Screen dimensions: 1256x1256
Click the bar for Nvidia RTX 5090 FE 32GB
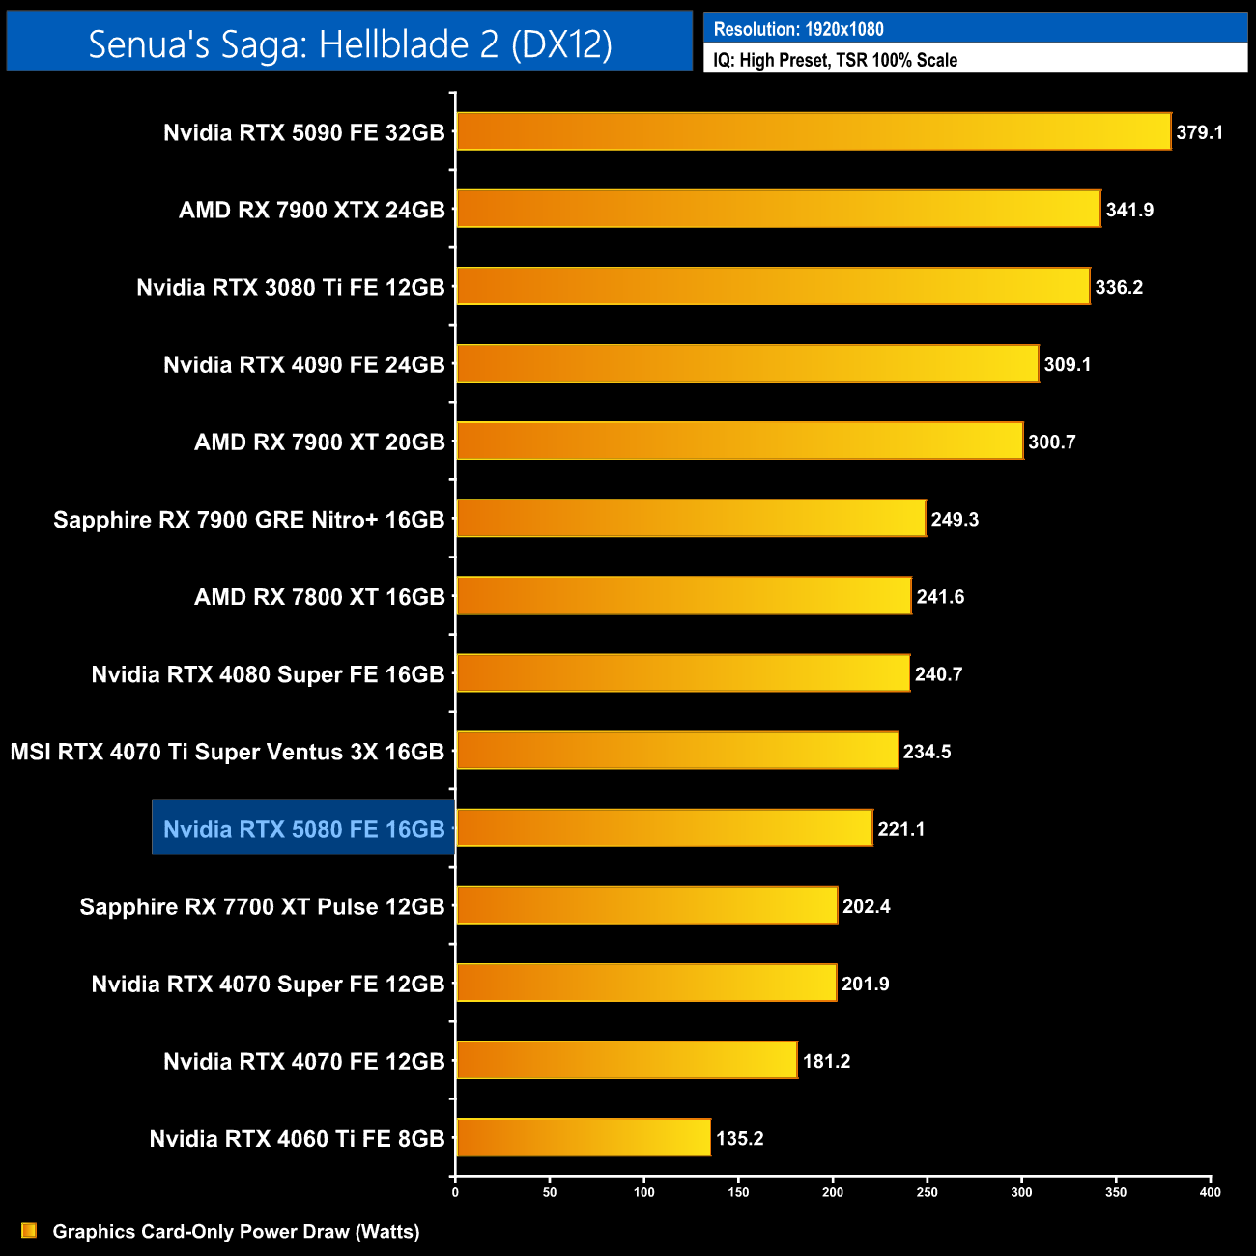pyautogui.click(x=813, y=131)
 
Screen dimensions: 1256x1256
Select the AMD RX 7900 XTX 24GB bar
pyautogui.click(x=778, y=209)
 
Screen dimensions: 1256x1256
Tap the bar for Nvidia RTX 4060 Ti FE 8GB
pyautogui.click(x=583, y=1137)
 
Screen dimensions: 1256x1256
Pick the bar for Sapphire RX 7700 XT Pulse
pyautogui.click(x=646, y=905)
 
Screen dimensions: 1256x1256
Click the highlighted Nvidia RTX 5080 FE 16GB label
pyautogui.click(x=303, y=829)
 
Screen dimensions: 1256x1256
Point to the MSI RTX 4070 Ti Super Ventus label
pyautogui.click(x=227, y=752)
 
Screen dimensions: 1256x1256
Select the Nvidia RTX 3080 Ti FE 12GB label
pyautogui.click(x=290, y=287)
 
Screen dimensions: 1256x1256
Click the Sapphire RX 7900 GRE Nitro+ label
pyautogui.click(x=248, y=520)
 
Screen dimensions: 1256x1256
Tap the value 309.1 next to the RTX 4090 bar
pyautogui.click(x=1068, y=364)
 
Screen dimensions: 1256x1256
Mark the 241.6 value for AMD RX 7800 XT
pyautogui.click(x=940, y=597)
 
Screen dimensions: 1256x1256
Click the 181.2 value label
pyautogui.click(x=826, y=1061)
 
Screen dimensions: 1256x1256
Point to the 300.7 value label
pyautogui.click(x=1051, y=442)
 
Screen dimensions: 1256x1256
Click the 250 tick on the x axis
pyautogui.click(x=927, y=1192)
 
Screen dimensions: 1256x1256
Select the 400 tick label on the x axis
pyautogui.click(x=1210, y=1192)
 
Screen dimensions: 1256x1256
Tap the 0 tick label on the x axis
pyautogui.click(x=455, y=1192)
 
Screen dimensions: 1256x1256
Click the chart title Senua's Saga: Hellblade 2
pyautogui.click(x=350, y=43)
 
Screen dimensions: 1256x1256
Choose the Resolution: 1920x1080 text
pyautogui.click(x=798, y=29)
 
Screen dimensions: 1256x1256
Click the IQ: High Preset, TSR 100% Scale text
pyautogui.click(x=835, y=60)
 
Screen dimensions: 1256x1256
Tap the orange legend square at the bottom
pyautogui.click(x=29, y=1230)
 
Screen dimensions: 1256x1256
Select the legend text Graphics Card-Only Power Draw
pyautogui.click(x=236, y=1231)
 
